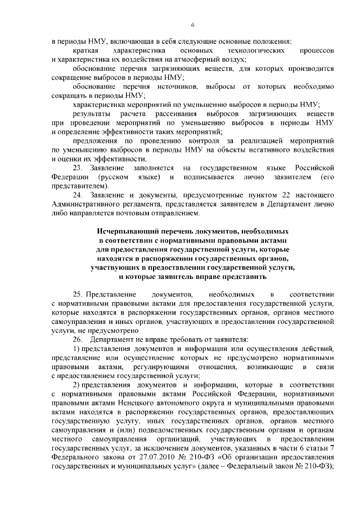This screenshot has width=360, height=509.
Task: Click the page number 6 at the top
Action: [x=192, y=25]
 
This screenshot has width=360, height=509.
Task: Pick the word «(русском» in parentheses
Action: [x=107, y=177]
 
